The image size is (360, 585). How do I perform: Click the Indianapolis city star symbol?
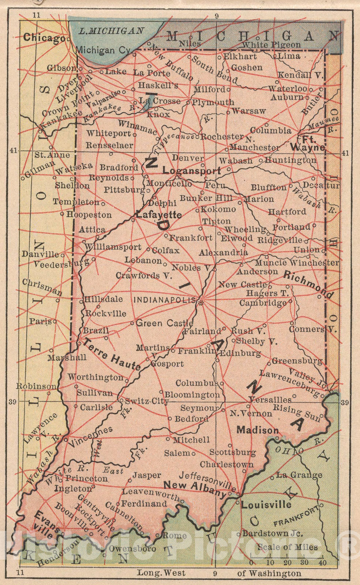(200, 302)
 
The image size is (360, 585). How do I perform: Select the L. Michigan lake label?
(112, 31)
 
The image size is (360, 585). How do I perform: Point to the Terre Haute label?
(112, 354)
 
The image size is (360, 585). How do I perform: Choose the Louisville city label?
(266, 505)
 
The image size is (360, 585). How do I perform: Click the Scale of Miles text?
(288, 547)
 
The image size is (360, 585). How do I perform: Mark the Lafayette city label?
(159, 215)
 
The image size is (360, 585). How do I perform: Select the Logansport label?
(192, 171)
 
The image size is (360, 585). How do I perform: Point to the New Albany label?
(195, 489)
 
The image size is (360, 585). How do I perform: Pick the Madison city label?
(258, 430)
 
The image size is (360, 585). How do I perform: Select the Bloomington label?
(192, 395)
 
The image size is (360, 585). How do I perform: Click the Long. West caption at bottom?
(161, 573)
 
